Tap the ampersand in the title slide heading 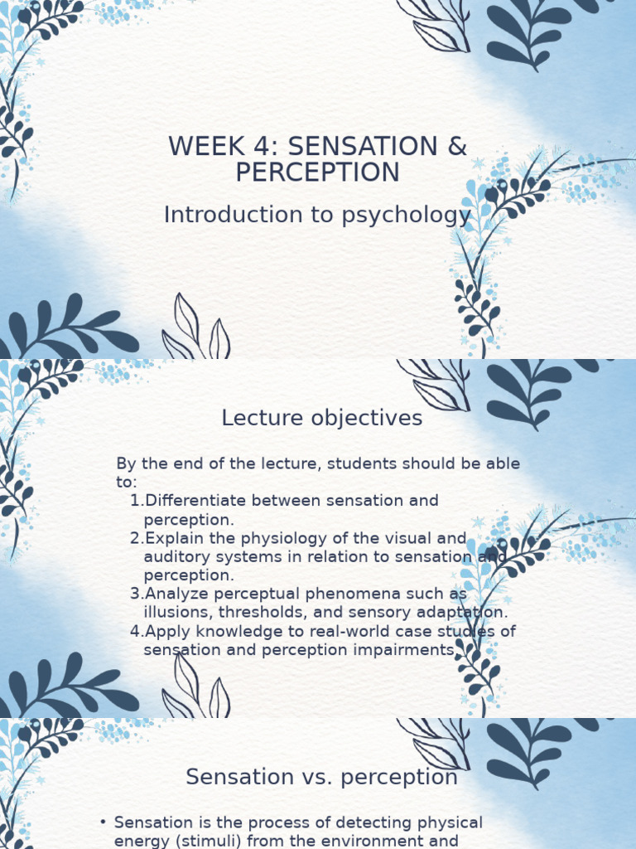[457, 146]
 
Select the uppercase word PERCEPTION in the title [317, 172]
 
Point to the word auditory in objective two [173, 556]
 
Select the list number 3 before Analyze [135, 594]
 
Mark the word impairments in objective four [403, 650]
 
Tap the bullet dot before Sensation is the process [103, 822]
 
